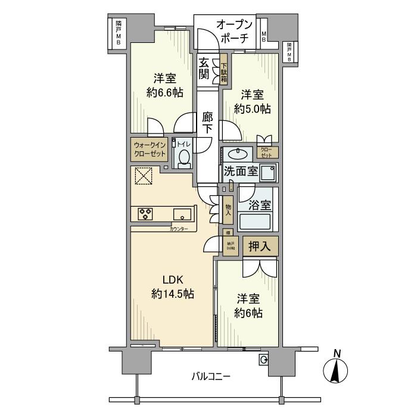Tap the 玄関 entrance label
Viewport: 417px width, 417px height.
click(205, 69)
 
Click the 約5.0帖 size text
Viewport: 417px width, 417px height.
click(253, 109)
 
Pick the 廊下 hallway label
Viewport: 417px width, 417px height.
click(207, 122)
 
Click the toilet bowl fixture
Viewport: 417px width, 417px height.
click(184, 158)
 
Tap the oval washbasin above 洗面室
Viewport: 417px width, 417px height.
click(241, 153)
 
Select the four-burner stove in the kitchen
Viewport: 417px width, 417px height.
click(146, 213)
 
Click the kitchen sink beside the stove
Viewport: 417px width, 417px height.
click(182, 213)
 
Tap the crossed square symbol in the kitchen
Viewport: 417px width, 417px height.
click(143, 176)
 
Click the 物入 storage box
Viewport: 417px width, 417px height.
click(228, 211)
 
